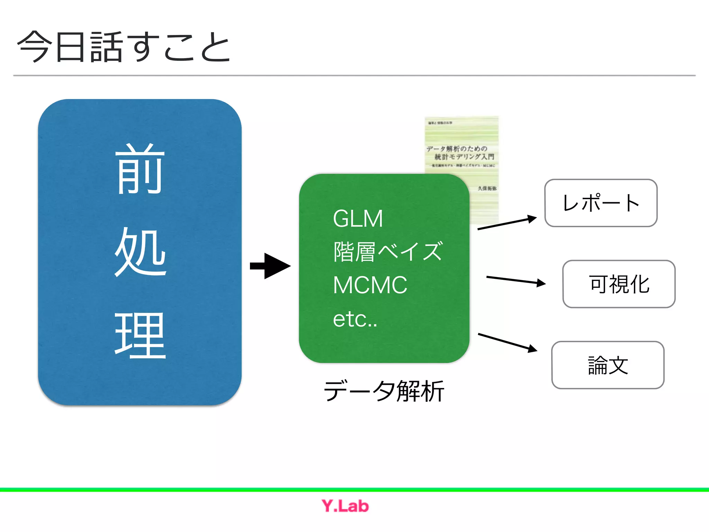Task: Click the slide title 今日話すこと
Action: tap(124, 47)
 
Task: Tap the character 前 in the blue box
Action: tap(140, 169)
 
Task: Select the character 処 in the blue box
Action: tap(141, 252)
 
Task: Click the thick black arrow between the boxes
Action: tap(270, 266)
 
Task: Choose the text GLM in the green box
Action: tap(358, 219)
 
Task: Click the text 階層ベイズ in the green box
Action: tap(388, 252)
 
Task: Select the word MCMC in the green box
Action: tap(370, 285)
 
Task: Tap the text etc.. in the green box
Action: tap(355, 319)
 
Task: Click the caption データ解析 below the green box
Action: tap(384, 391)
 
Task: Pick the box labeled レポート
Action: tap(601, 203)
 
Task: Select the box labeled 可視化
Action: tap(619, 284)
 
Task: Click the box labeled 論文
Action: tap(608, 365)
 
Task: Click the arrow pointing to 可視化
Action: tap(516, 280)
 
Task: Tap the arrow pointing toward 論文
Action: tap(508, 343)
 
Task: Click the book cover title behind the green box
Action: tap(460, 153)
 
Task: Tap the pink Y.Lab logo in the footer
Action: tap(345, 506)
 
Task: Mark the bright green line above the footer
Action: tap(354, 490)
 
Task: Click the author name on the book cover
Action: tap(487, 188)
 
